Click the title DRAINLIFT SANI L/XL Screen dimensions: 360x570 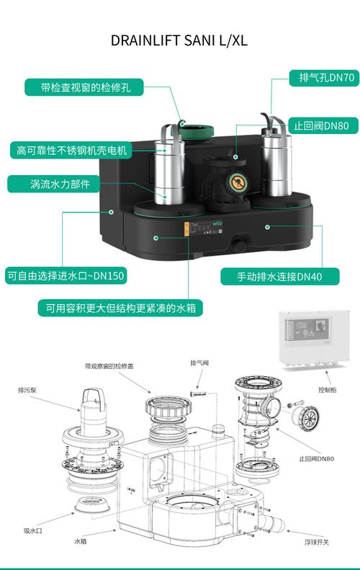tap(179, 40)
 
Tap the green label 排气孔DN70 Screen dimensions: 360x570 tap(324, 78)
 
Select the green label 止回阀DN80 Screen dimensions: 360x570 tap(323, 126)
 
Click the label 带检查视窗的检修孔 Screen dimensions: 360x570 tap(84, 88)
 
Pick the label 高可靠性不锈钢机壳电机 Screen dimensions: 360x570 tap(71, 150)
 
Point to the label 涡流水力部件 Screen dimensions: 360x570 tap(54, 184)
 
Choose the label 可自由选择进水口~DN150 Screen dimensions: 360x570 tap(66, 276)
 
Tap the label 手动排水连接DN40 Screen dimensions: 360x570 tap(279, 277)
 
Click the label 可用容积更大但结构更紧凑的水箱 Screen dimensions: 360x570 tap(120, 308)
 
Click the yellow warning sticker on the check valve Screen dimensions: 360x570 tap(238, 182)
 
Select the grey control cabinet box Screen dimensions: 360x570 tap(314, 339)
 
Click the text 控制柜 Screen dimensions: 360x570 tap(328, 390)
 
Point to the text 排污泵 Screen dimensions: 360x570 tap(27, 391)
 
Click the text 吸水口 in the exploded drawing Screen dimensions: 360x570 tap(33, 531)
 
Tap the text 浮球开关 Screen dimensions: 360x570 tap(317, 542)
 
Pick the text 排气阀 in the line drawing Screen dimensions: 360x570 tap(199, 362)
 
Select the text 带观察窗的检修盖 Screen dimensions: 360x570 tap(109, 366)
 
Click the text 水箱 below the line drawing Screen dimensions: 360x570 tap(81, 541)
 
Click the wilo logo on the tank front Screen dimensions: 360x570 tap(217, 223)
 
